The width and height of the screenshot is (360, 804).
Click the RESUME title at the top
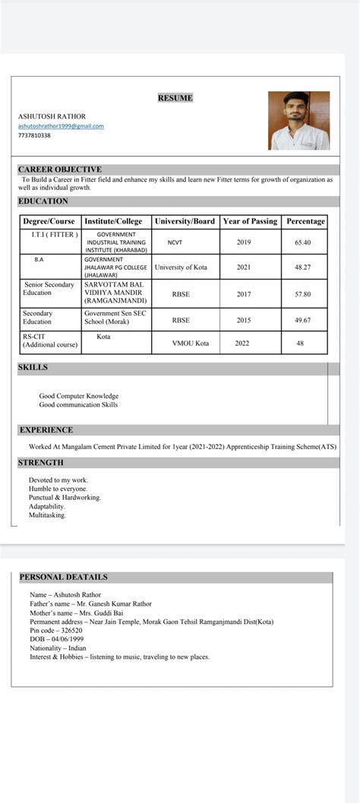[175, 97]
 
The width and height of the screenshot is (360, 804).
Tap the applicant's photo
[298, 120]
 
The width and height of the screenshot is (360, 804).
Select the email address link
[61, 126]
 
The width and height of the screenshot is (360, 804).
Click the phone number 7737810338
[34, 135]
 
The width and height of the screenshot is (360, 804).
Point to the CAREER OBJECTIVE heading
[60, 169]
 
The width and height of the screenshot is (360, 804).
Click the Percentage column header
[305, 221]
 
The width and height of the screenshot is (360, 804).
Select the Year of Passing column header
[250, 221]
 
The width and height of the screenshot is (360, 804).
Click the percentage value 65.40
[302, 242]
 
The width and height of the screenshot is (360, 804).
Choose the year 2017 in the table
[243, 293]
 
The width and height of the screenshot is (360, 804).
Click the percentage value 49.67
[302, 320]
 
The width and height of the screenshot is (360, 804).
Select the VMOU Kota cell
[191, 343]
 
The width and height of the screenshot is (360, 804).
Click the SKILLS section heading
[33, 367]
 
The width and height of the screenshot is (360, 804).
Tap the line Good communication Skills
[78, 405]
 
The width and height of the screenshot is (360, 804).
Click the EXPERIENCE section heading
[46, 430]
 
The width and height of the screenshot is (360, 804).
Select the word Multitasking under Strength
[47, 515]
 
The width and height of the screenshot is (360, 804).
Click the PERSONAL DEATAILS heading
[64, 577]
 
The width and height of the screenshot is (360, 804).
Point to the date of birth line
[55, 640]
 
